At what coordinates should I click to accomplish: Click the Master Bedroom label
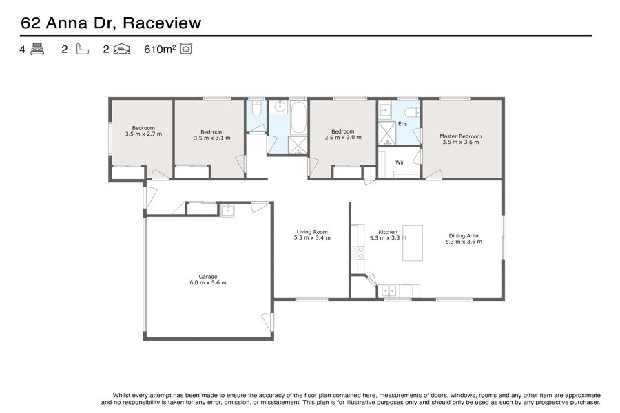(461, 136)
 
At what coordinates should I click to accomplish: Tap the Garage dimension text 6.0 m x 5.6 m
(208, 283)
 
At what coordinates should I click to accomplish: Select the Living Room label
(312, 232)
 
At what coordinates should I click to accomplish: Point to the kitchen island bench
(413, 243)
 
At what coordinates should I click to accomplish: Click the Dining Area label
(464, 236)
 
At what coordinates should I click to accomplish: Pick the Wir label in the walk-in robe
(400, 162)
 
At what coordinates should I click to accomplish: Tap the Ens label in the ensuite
(402, 124)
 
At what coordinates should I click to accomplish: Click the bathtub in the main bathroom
(298, 118)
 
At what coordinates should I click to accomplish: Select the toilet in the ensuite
(413, 113)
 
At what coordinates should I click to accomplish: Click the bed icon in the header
(37, 49)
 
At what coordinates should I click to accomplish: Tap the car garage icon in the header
(121, 49)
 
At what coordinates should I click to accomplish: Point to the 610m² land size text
(160, 49)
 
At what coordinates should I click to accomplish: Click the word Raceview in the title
(162, 23)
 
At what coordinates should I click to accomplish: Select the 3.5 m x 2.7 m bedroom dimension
(143, 134)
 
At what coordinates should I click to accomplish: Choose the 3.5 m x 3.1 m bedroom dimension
(212, 138)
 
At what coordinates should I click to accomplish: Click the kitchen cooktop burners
(358, 253)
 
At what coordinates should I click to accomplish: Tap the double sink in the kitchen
(389, 291)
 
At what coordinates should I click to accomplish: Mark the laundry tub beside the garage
(227, 210)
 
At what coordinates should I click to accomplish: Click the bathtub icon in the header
(82, 49)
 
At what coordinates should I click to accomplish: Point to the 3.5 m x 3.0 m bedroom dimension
(343, 138)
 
